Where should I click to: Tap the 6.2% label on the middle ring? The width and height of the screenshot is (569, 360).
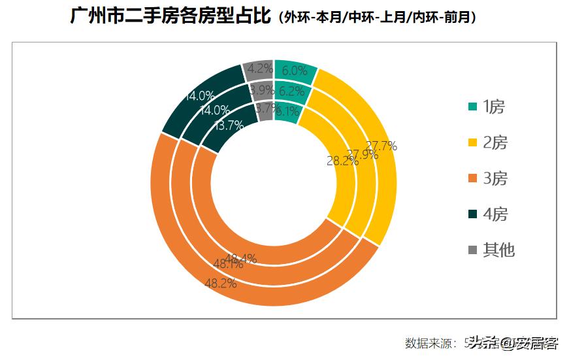(291, 91)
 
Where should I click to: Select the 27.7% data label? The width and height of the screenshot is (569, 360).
(382, 146)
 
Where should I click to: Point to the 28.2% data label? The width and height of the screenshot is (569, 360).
(342, 161)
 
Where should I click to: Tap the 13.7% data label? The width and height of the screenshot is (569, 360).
(229, 125)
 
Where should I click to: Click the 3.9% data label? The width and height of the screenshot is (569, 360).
(261, 90)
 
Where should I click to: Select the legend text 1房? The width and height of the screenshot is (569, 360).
(495, 107)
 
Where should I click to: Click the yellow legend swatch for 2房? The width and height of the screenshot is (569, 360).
(472, 143)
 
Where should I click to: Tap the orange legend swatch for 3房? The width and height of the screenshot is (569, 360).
(472, 178)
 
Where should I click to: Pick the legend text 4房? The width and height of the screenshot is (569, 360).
(495, 214)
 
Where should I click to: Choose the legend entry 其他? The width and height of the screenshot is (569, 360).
(498, 250)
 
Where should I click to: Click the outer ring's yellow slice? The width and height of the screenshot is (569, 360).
(376, 157)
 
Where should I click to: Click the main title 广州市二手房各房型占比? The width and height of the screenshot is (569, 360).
(170, 16)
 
